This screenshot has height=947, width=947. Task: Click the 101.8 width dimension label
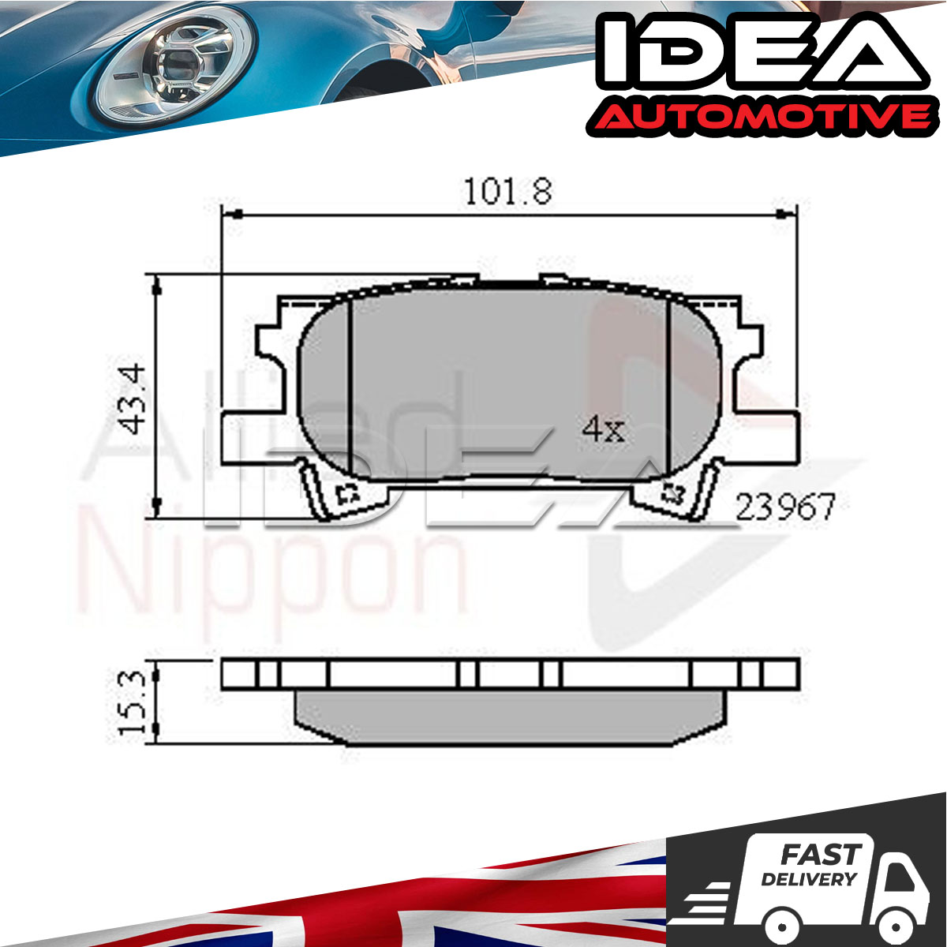pos(507,192)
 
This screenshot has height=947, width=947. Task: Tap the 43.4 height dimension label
pos(133,399)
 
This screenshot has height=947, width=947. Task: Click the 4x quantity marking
pos(603,429)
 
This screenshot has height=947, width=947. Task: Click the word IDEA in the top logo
pos(762,55)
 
